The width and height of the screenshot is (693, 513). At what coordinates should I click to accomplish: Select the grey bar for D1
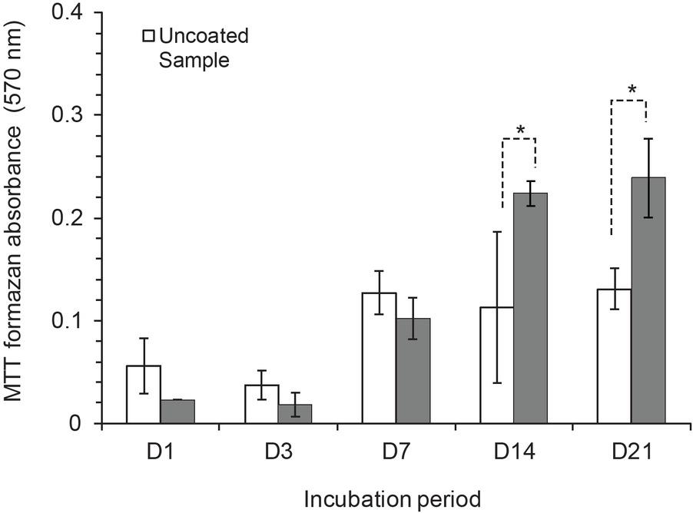click(177, 412)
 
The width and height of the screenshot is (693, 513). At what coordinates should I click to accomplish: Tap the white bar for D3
click(261, 404)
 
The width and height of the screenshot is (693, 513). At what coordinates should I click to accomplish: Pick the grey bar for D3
click(295, 414)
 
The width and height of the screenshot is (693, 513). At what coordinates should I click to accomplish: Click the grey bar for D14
click(531, 307)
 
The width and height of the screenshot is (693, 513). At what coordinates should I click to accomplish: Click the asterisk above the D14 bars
click(520, 131)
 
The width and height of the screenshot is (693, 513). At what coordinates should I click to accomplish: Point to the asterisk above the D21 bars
click(632, 91)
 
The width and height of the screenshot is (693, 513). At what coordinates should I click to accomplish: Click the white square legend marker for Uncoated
click(150, 35)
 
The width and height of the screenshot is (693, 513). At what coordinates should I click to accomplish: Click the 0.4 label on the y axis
click(75, 13)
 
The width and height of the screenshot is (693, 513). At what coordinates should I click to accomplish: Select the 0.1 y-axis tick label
click(75, 321)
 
